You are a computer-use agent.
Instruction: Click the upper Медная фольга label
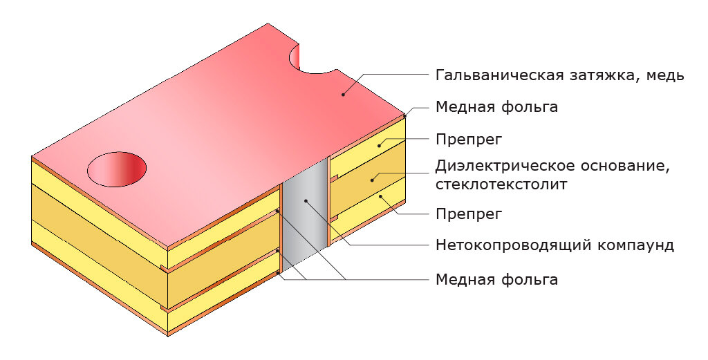[496, 108]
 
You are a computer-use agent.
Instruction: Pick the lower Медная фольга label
[496, 280]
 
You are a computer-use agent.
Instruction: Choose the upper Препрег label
[468, 140]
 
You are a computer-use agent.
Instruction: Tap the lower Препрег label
[468, 214]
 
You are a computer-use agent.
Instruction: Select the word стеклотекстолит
[501, 184]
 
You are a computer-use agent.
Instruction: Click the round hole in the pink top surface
[118, 169]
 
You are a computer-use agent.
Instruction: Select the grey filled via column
[305, 214]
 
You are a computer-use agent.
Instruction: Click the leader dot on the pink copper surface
[343, 95]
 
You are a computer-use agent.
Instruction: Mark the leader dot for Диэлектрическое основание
[371, 180]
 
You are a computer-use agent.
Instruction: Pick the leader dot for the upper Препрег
[379, 146]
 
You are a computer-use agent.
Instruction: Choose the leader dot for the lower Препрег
[380, 198]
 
